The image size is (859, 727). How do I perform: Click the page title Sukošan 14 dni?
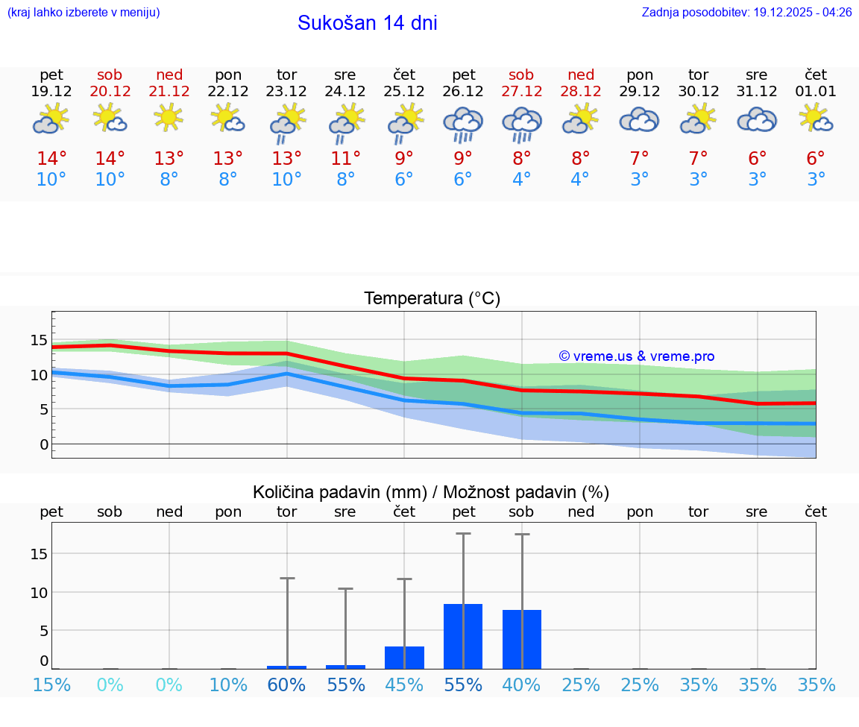click(367, 23)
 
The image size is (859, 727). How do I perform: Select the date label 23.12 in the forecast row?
click(286, 92)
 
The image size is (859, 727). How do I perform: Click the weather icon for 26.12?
click(463, 124)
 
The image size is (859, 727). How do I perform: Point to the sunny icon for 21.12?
click(169, 117)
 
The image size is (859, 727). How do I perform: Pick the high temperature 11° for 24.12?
click(345, 159)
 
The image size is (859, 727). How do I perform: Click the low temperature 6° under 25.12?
click(404, 180)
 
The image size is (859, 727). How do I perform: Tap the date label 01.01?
click(816, 92)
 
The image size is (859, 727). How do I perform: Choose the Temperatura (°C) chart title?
click(432, 299)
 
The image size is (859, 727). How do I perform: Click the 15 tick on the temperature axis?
click(39, 341)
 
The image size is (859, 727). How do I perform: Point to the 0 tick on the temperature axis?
click(44, 444)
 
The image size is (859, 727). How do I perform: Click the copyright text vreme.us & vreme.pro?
click(637, 356)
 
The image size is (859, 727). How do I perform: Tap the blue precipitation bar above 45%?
click(404, 658)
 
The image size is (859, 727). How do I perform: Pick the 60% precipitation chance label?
click(286, 685)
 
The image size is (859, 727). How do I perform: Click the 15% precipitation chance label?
click(51, 685)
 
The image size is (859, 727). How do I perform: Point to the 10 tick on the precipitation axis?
click(39, 592)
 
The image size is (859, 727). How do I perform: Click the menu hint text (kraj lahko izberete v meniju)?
click(84, 13)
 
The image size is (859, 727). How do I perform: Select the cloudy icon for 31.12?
click(757, 120)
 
